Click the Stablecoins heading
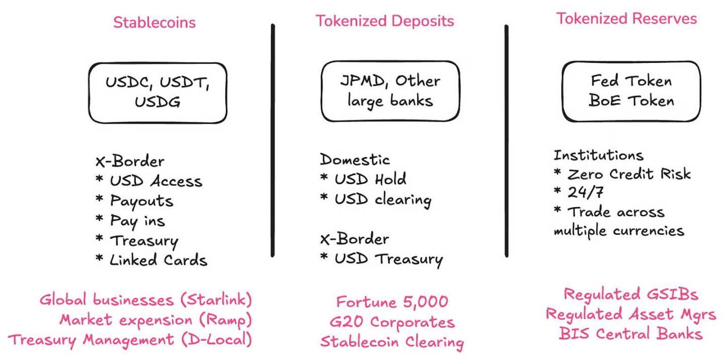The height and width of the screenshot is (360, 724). coord(154,23)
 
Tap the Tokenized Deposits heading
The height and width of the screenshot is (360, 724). coord(385,21)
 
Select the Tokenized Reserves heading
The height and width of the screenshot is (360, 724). coord(626,19)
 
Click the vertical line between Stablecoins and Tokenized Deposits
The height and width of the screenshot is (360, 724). coord(273,140)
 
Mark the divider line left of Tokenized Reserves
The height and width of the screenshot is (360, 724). coord(506,141)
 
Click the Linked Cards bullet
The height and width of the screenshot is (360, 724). coord(152,260)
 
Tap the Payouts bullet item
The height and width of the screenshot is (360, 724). coord(134,201)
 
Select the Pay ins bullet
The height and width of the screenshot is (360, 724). coord(130,221)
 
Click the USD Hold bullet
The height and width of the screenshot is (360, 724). coord(364,179)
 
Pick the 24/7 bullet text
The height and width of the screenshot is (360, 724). coord(579,192)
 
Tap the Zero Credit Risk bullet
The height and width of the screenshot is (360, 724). coord(622,174)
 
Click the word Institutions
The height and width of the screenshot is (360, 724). coord(599,155)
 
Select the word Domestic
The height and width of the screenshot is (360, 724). coord(355,160)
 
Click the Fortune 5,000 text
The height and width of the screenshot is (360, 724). coord(392,302)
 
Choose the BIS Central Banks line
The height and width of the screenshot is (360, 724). coord(630,334)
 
